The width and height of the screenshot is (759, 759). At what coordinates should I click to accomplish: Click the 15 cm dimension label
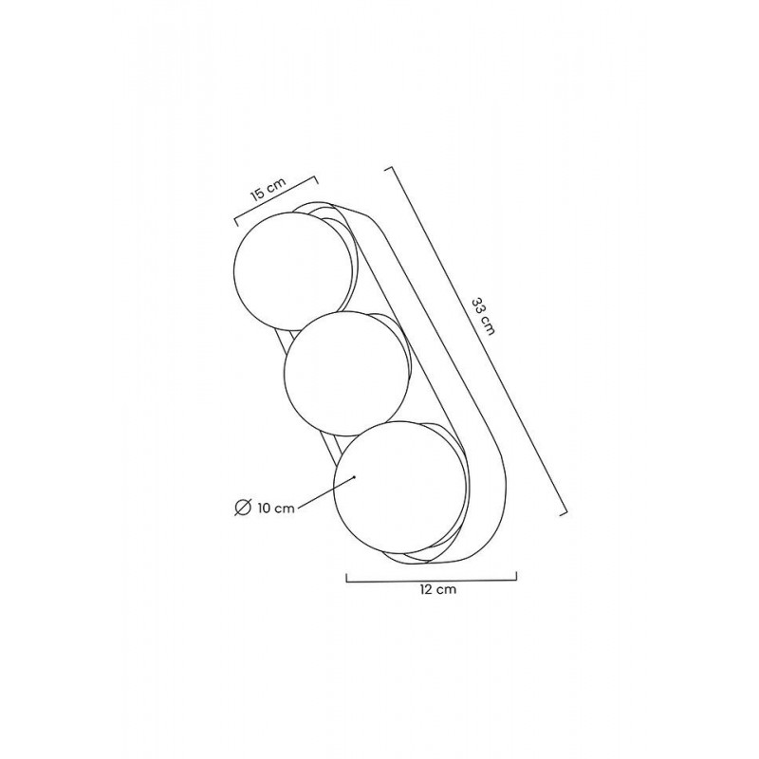click(268, 189)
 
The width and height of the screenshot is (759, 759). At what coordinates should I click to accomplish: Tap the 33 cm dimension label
click(483, 317)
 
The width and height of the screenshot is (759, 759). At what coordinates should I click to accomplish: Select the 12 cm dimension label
click(438, 589)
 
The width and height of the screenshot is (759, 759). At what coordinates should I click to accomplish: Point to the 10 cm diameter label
click(276, 509)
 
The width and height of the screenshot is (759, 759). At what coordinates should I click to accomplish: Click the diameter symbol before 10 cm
click(243, 507)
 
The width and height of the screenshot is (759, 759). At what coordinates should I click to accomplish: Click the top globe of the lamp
click(293, 271)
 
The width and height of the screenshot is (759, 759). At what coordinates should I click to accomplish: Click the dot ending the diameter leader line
click(354, 477)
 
